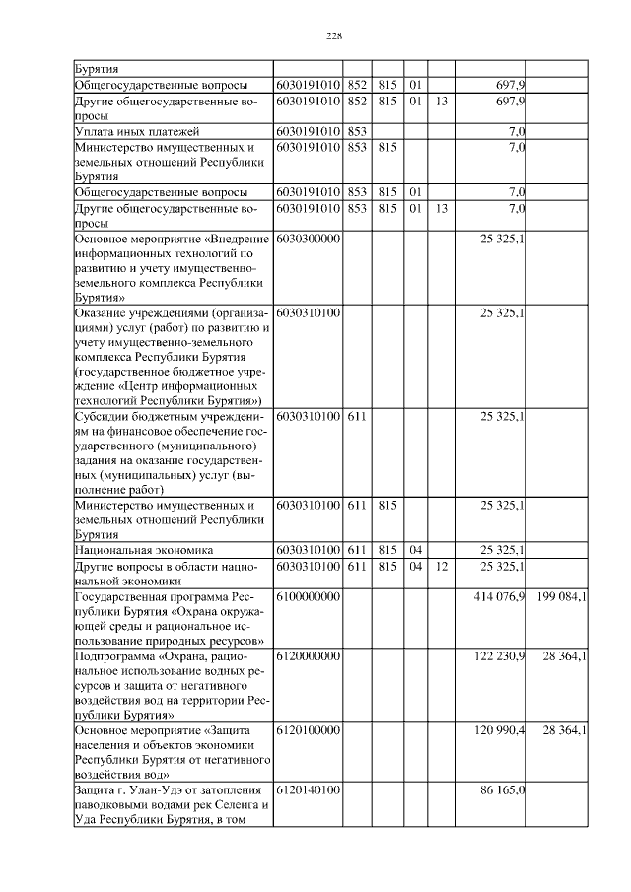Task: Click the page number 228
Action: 333,35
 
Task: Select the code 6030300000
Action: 309,239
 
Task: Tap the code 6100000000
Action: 309,597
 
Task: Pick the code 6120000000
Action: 309,655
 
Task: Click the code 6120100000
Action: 309,730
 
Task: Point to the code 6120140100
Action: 309,789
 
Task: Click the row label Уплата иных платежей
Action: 137,131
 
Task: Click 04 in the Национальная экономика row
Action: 415,549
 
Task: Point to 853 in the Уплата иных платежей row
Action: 356,131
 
